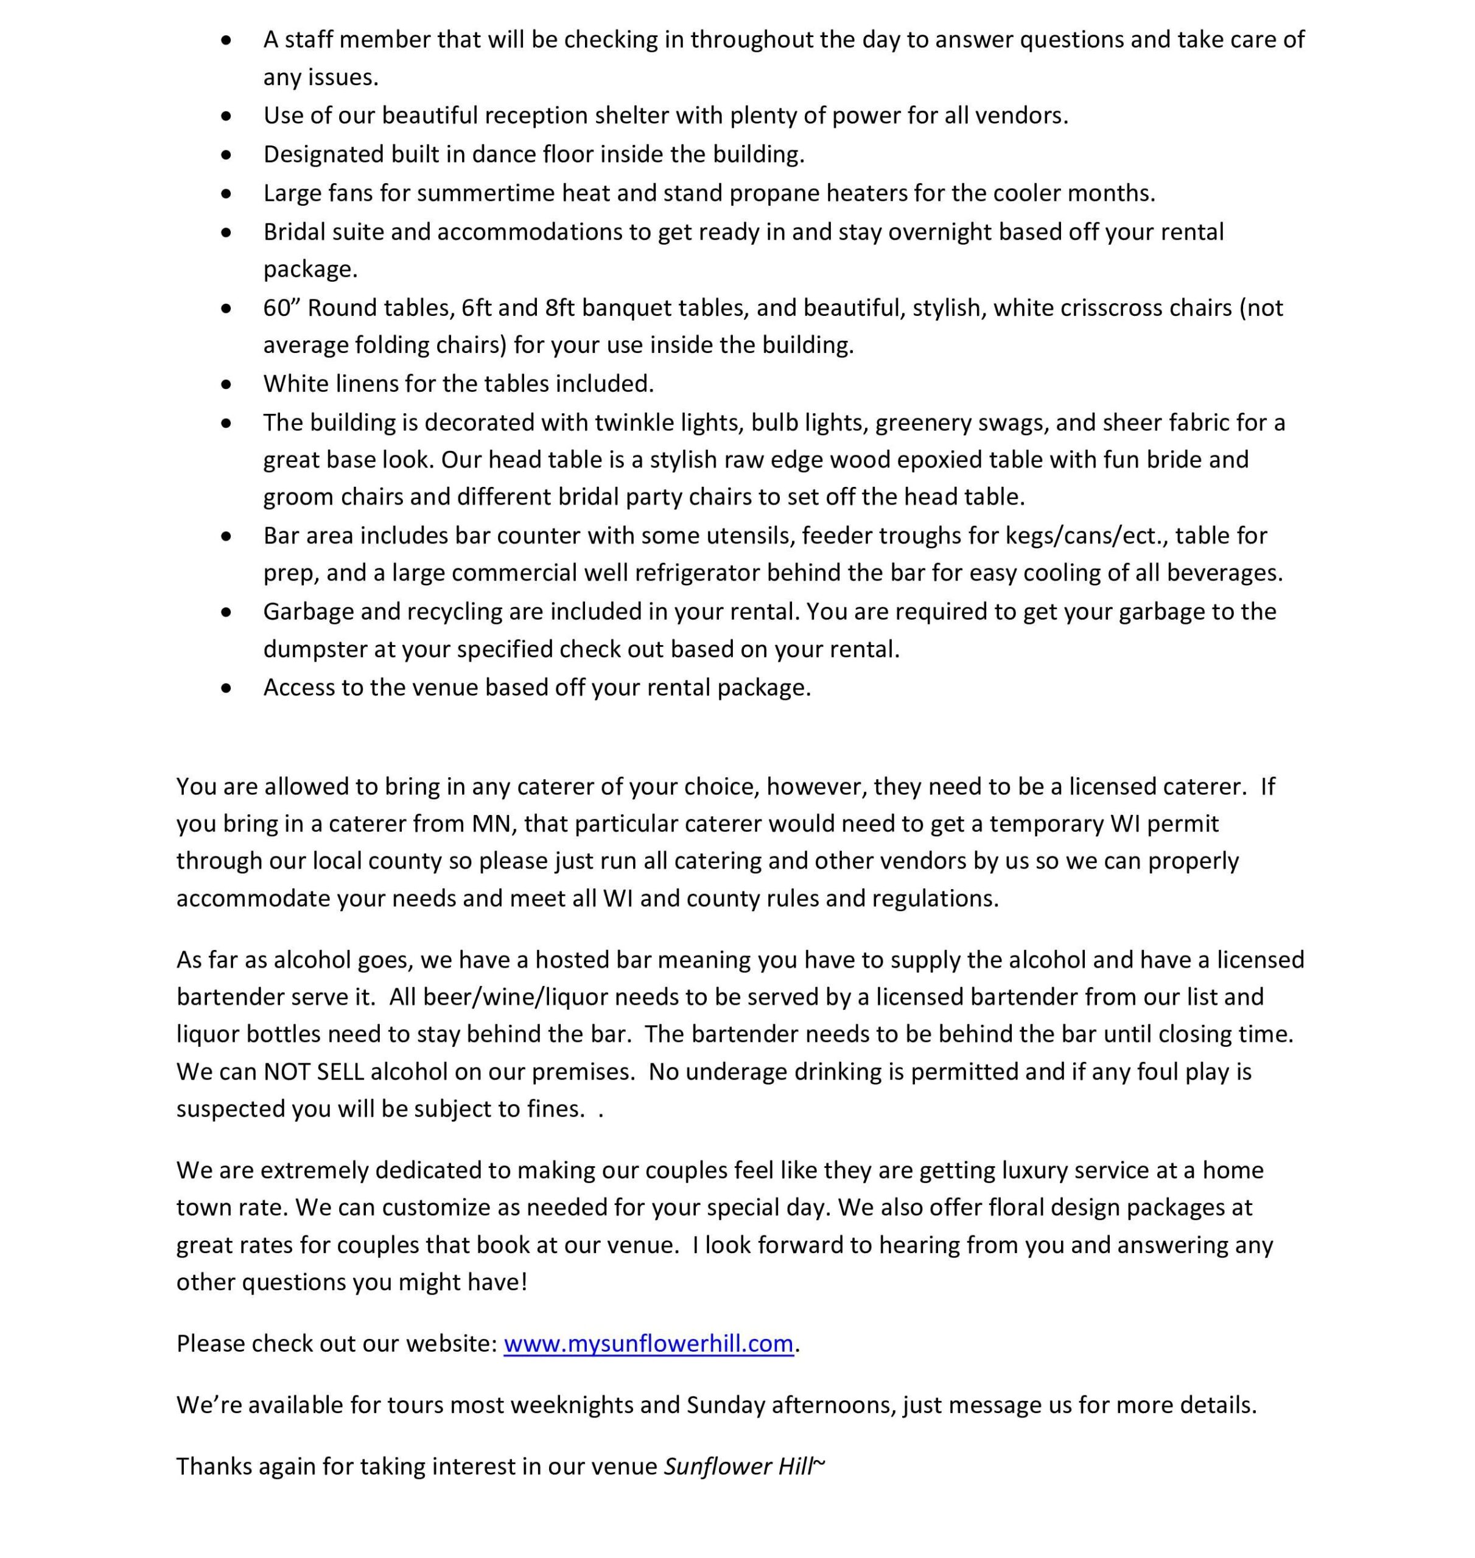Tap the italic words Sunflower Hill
click(737, 1466)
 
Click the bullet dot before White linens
click(226, 385)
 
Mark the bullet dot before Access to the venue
click(226, 688)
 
